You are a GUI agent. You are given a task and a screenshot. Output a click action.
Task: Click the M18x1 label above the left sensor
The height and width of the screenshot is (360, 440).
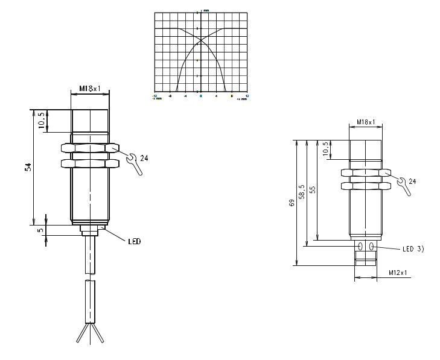click(90, 89)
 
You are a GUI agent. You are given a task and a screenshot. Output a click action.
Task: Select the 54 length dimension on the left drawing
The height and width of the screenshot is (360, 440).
click(28, 167)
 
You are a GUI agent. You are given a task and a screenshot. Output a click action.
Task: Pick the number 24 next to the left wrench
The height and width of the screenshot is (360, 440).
click(144, 158)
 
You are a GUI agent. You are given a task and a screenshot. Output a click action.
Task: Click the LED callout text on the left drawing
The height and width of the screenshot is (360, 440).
click(134, 241)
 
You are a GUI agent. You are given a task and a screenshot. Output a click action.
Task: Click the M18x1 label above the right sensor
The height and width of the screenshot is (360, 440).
click(365, 122)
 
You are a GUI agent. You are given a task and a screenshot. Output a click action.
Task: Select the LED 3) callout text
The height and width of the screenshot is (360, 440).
click(413, 248)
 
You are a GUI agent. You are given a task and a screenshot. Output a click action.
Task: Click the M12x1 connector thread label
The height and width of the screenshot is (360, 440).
click(397, 273)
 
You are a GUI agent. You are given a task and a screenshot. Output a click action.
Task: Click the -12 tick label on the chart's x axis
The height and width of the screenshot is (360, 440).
click(155, 95)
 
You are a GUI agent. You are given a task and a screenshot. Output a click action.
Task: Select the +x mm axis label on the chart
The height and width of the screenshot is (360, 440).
click(241, 98)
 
